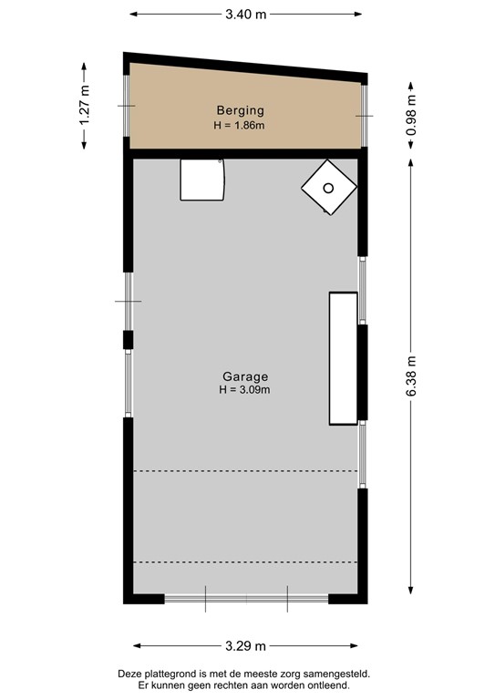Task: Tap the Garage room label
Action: coord(245,376)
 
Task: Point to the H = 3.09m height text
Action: coord(245,389)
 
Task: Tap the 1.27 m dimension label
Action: coord(86,104)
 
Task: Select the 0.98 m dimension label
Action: coord(410,115)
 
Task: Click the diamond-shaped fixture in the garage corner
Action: coord(328,189)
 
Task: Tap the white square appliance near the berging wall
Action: coord(201,180)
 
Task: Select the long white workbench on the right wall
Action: coord(344,358)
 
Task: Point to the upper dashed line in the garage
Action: coord(244,471)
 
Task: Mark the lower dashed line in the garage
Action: coord(244,563)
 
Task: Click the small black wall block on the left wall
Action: coord(128,341)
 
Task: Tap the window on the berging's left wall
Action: coord(128,107)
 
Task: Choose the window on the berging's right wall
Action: coord(365,117)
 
